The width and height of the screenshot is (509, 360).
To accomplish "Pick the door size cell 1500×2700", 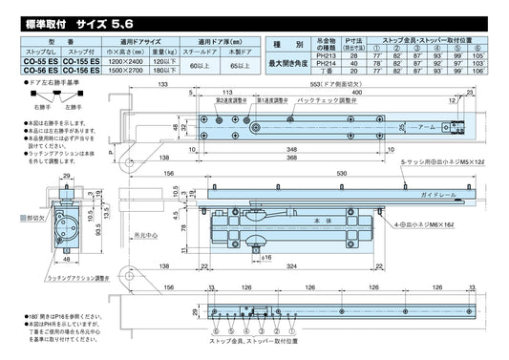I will point(129,71).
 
